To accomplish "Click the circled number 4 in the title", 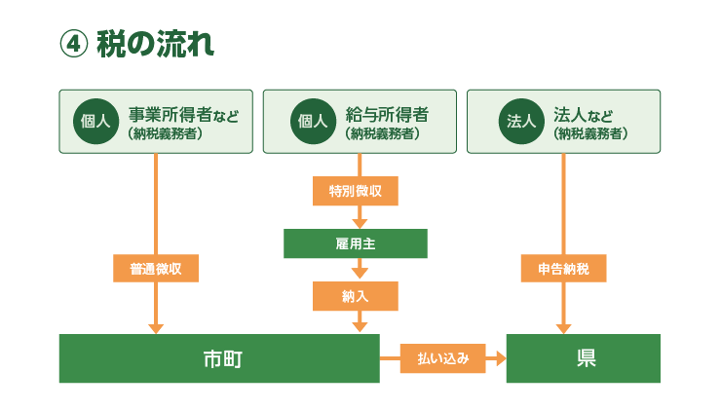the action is [74, 45].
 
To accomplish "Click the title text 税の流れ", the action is [156, 44].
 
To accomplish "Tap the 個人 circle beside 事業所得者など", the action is [96, 122].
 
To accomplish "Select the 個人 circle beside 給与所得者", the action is [313, 122].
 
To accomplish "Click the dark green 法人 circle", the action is [521, 122].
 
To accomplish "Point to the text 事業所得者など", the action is [184, 115].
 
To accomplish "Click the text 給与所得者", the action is [387, 115].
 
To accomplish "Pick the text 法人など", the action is [583, 115].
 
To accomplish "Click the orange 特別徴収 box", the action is [356, 191].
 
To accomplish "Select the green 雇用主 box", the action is [356, 243].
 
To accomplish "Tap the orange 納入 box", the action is [356, 296].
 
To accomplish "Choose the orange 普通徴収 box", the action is [156, 269].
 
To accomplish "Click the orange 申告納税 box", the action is [564, 269].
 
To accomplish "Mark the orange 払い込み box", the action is [443, 358].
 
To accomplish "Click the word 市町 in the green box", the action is [223, 359].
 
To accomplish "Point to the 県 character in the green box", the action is [587, 358].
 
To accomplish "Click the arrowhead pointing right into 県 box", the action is [501, 358].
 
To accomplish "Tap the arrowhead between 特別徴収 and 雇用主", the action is [360, 224].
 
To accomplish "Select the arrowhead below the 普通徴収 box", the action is [156, 329].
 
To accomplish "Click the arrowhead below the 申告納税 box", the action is [564, 329].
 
